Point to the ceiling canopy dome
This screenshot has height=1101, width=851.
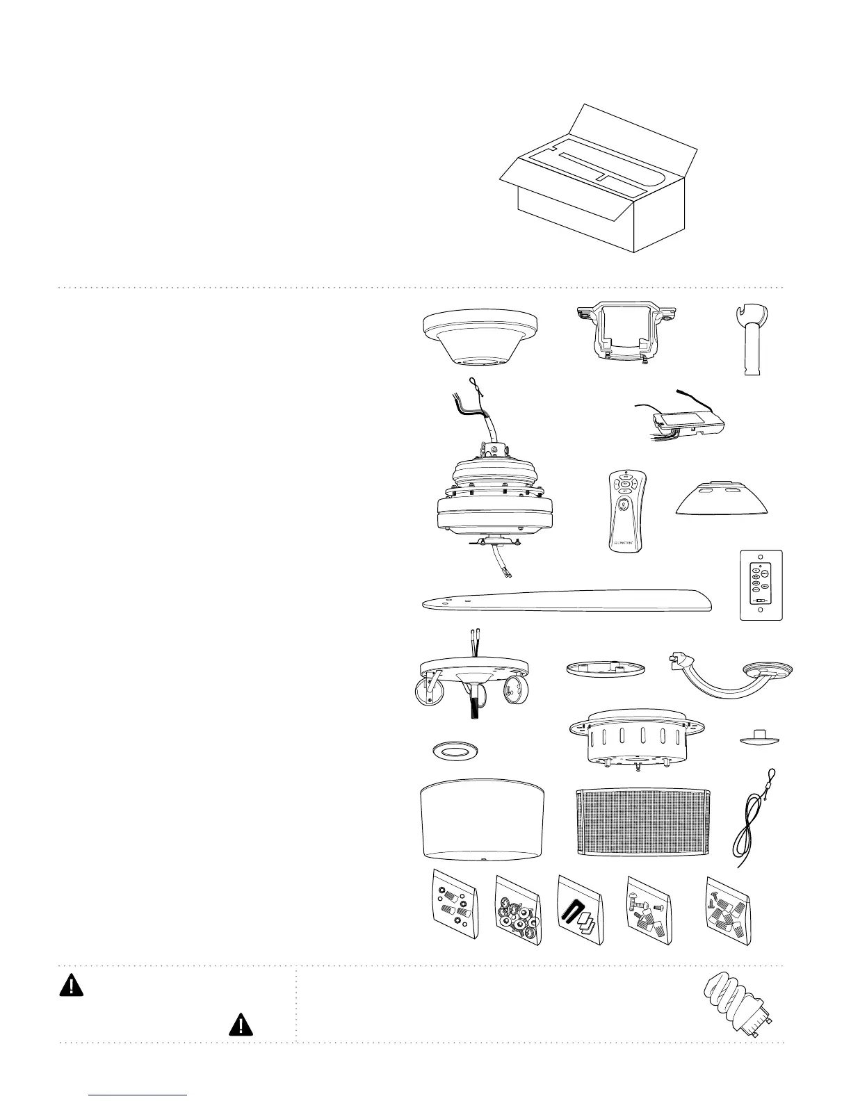pyautogui.click(x=480, y=336)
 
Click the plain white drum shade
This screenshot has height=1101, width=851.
pyautogui.click(x=483, y=820)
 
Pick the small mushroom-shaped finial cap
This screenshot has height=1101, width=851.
pyautogui.click(x=759, y=738)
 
